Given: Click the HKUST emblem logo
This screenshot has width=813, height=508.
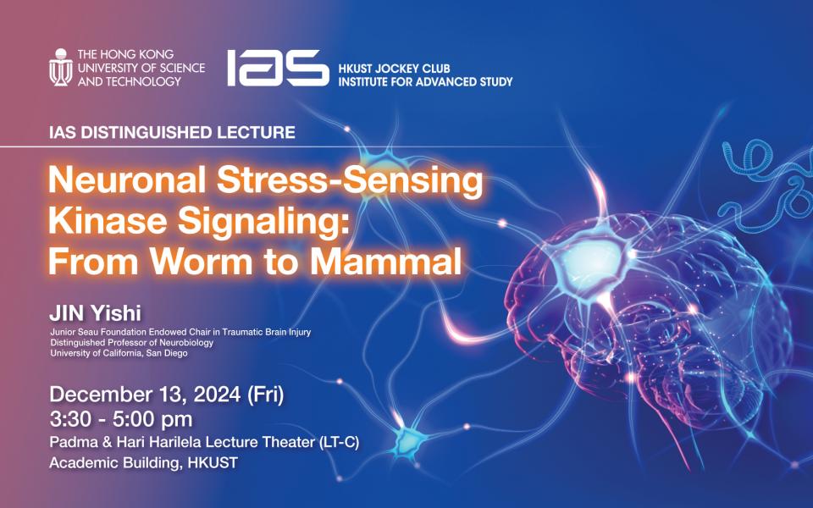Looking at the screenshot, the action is click(x=61, y=67).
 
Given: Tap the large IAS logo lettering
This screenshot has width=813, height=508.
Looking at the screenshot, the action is click(x=278, y=68).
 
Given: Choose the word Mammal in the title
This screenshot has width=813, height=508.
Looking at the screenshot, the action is click(x=386, y=261).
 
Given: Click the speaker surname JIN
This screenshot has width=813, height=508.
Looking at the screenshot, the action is click(x=67, y=313).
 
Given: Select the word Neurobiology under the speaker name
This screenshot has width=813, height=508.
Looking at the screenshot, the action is click(x=186, y=343).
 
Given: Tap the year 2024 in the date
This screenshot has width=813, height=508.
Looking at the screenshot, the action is click(x=217, y=395).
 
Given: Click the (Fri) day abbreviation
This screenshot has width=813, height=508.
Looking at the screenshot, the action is click(x=265, y=395).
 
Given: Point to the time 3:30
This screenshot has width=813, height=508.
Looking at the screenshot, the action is click(x=70, y=419).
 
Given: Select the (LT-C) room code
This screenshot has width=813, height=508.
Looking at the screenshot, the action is click(x=340, y=442).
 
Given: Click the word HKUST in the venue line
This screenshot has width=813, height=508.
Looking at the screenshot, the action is click(x=213, y=462).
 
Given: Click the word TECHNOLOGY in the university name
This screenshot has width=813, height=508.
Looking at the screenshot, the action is click(x=130, y=81).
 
